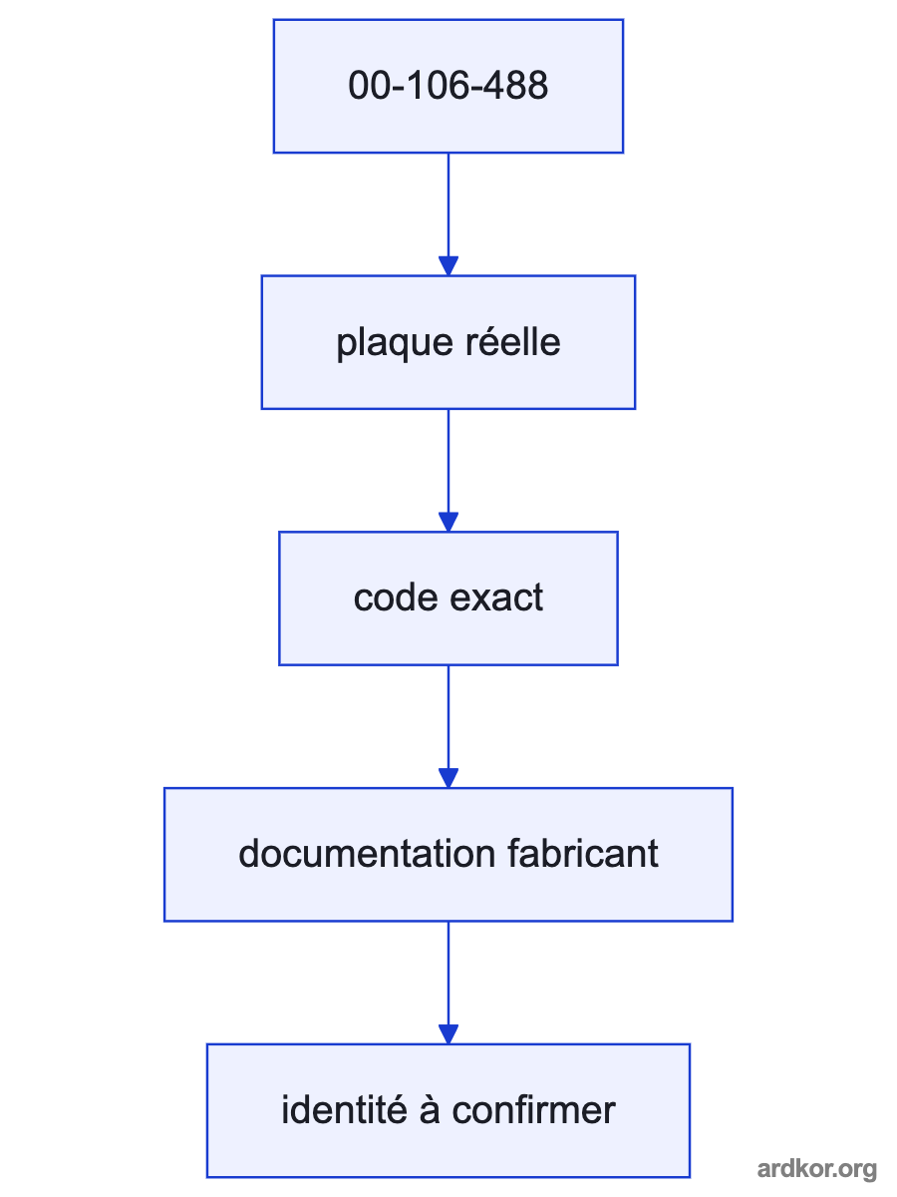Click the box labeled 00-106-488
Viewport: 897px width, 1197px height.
click(448, 86)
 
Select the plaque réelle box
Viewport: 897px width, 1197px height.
click(448, 342)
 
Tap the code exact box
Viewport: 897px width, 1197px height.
click(448, 598)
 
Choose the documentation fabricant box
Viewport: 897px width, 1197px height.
click(448, 855)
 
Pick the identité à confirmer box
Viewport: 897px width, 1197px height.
click(448, 1111)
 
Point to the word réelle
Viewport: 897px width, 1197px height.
click(512, 342)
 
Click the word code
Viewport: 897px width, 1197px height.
click(396, 598)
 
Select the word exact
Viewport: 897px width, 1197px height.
click(496, 598)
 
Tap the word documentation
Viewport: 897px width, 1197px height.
click(367, 854)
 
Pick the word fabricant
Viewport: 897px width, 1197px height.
click(583, 854)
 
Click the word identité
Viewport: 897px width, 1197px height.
click(344, 1110)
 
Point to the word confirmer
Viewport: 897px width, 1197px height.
click(533, 1110)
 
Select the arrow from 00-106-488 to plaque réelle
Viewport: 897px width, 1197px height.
click(448, 214)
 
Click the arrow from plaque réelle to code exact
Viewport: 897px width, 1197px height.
click(448, 470)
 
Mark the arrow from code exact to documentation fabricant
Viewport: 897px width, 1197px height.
click(448, 726)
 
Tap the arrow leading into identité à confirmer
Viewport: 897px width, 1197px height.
click(448, 983)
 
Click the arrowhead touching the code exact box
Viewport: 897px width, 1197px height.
click(448, 522)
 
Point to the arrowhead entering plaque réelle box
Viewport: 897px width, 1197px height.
click(448, 266)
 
